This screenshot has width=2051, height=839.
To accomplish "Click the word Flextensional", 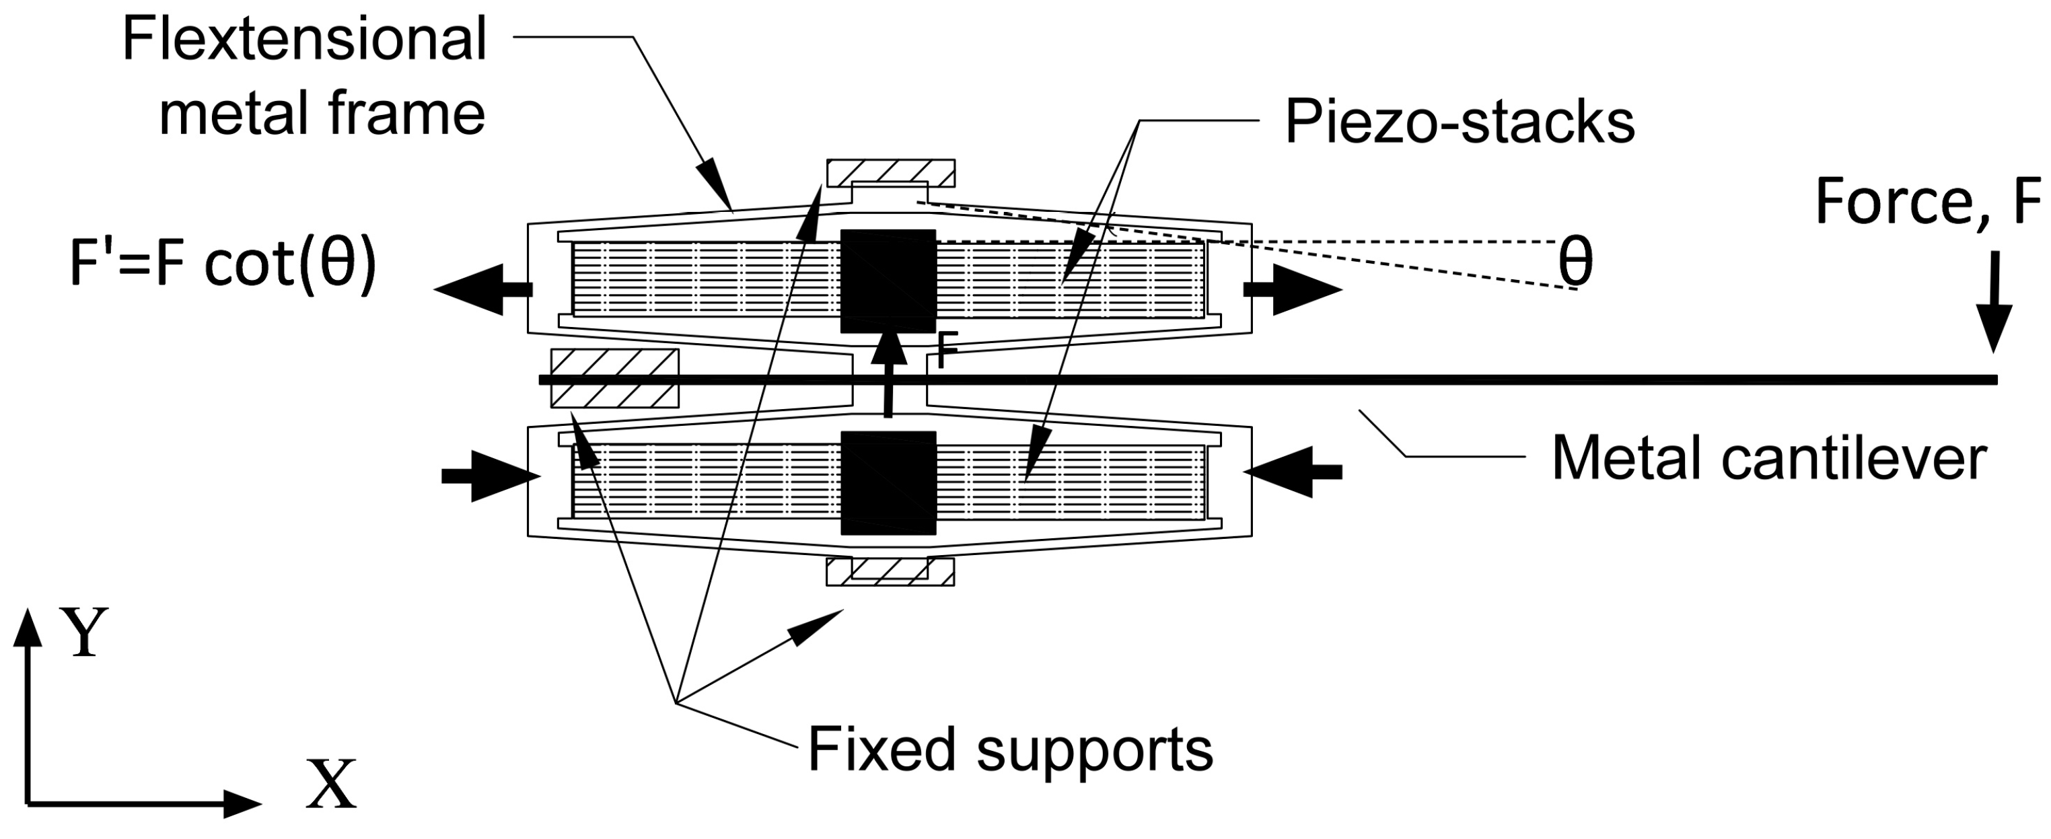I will pyautogui.click(x=304, y=40).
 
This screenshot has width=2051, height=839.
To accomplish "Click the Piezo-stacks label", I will pyautogui.click(x=1459, y=122).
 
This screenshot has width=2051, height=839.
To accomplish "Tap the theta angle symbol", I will pyautogui.click(x=1575, y=265).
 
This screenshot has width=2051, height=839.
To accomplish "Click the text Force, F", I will pyautogui.click(x=1927, y=203).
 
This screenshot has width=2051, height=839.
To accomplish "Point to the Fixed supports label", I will pyautogui.click(x=1009, y=749).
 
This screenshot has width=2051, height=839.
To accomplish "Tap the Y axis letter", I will pyautogui.click(x=85, y=633).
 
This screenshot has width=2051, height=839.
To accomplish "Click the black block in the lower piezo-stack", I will pyautogui.click(x=888, y=482).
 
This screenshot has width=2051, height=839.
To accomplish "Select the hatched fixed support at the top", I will pyautogui.click(x=890, y=172).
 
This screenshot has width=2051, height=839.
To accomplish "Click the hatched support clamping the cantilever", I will pyautogui.click(x=614, y=378).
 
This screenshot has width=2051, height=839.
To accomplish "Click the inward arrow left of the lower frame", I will pyautogui.click(x=491, y=476).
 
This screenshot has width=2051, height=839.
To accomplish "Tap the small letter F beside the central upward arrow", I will pyautogui.click(x=945, y=351).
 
